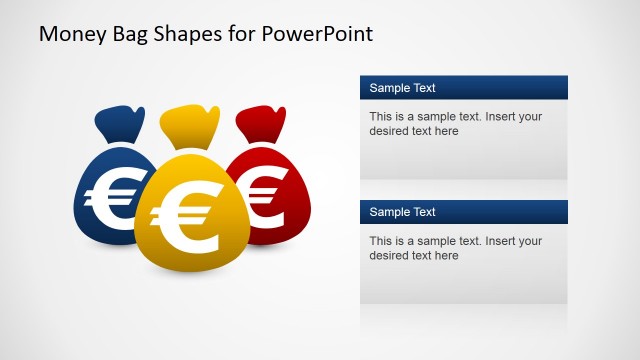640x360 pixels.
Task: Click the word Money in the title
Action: [x=73, y=34]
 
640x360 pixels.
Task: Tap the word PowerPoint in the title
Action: [x=317, y=33]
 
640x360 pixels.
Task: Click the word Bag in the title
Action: [x=130, y=35]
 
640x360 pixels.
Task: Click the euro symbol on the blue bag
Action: [x=110, y=196]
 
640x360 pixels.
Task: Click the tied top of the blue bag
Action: [x=120, y=124]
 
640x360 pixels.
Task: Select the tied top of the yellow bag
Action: [x=190, y=127]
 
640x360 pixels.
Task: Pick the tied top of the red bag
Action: [x=261, y=124]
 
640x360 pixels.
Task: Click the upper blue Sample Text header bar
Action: [x=464, y=87]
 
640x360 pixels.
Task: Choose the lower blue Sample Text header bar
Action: [x=464, y=212]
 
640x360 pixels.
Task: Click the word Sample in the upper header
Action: [x=387, y=88]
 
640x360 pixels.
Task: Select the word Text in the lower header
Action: [x=422, y=212]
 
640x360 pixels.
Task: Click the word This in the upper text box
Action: [x=381, y=117]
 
